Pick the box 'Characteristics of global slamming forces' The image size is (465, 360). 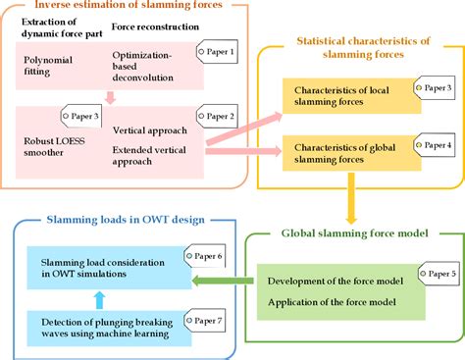pos(350,153)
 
